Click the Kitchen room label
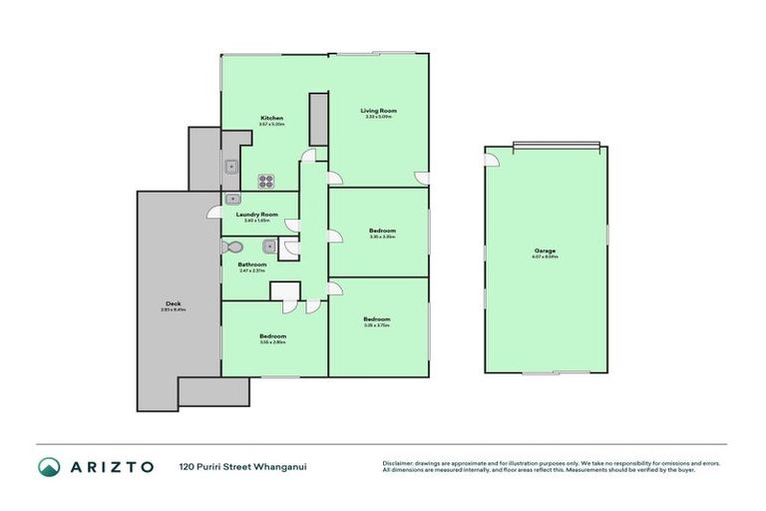point(272,118)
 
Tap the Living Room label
point(379,110)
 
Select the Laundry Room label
point(256,214)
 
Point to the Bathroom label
point(251,264)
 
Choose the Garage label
point(545,251)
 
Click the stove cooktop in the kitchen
point(267,181)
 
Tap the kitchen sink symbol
point(229,167)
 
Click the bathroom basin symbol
point(268,246)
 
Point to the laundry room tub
point(231,198)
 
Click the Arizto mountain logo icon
point(50,466)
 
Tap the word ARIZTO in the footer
point(112,466)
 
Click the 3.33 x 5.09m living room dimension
point(379,117)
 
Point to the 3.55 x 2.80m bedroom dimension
point(273,342)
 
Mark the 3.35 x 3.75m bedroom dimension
point(377,324)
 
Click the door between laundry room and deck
point(213,212)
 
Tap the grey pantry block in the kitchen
point(318,119)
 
